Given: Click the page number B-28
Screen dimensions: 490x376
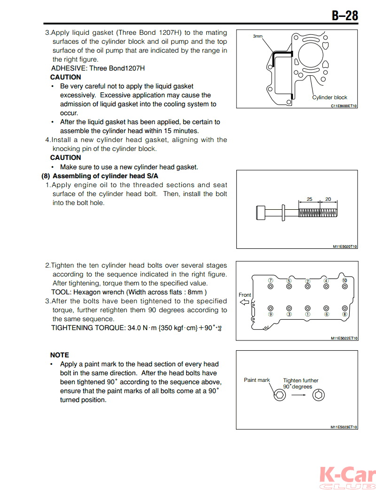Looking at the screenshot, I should click(345, 16).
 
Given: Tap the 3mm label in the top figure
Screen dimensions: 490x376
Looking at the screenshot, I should click(258, 36).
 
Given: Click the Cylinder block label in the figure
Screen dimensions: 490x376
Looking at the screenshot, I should click(330, 97).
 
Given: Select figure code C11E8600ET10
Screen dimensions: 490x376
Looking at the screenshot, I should click(344, 106).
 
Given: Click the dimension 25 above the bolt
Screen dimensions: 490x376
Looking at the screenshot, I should click(309, 199).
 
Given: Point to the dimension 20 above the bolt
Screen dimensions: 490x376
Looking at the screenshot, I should click(328, 199).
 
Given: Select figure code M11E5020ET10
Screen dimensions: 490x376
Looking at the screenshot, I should click(344, 246).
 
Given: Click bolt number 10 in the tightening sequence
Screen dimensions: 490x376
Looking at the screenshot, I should click(345, 281).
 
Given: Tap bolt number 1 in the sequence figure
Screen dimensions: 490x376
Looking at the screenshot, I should click(308, 314).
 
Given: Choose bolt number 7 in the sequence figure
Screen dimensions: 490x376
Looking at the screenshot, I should click(270, 281).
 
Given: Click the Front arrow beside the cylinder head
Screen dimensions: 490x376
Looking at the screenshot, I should click(244, 302).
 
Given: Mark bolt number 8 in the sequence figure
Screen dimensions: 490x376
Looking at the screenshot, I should click(345, 314).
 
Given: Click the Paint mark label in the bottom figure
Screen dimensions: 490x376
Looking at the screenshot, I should click(257, 380).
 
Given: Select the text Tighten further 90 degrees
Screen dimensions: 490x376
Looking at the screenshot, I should click(300, 383).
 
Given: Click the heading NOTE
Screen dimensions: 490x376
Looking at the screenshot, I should click(59, 355).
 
